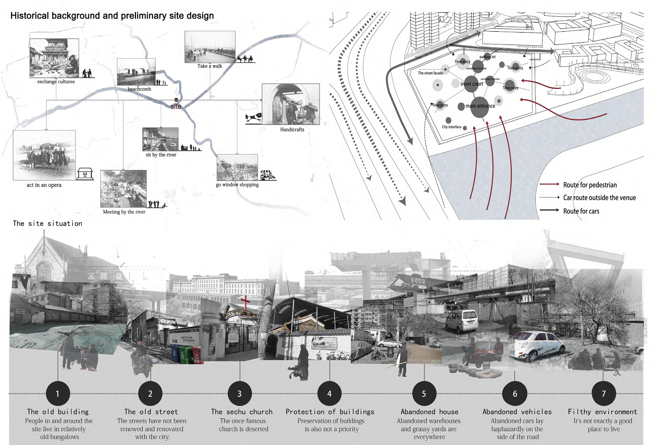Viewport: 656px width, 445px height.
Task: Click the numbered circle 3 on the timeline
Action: click(240, 393)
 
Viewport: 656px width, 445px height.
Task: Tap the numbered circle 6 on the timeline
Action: click(515, 393)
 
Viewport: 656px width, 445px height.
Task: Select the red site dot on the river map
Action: click(176, 100)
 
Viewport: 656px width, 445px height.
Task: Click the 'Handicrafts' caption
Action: click(292, 130)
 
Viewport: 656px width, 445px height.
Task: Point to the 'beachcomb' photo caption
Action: click(139, 89)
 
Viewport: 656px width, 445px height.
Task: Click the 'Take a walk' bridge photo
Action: click(210, 47)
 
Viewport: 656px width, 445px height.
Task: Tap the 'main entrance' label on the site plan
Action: click(480, 106)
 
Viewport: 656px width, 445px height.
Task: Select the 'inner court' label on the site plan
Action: click(472, 84)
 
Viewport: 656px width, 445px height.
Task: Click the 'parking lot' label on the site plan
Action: click(487, 57)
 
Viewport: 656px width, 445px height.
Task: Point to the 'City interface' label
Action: click(451, 127)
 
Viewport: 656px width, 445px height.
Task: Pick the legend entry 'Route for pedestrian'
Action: click(590, 185)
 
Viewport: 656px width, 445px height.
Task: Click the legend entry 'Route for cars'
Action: click(581, 211)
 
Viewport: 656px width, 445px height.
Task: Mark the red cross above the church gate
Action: click(245, 302)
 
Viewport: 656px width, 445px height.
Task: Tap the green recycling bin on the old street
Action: click(185, 355)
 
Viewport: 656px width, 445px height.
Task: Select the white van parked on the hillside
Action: click(462, 321)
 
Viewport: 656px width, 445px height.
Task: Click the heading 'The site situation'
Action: click(48, 223)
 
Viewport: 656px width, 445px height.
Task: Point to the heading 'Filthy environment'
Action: click(602, 412)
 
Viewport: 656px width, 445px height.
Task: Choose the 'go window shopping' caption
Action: click(237, 184)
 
